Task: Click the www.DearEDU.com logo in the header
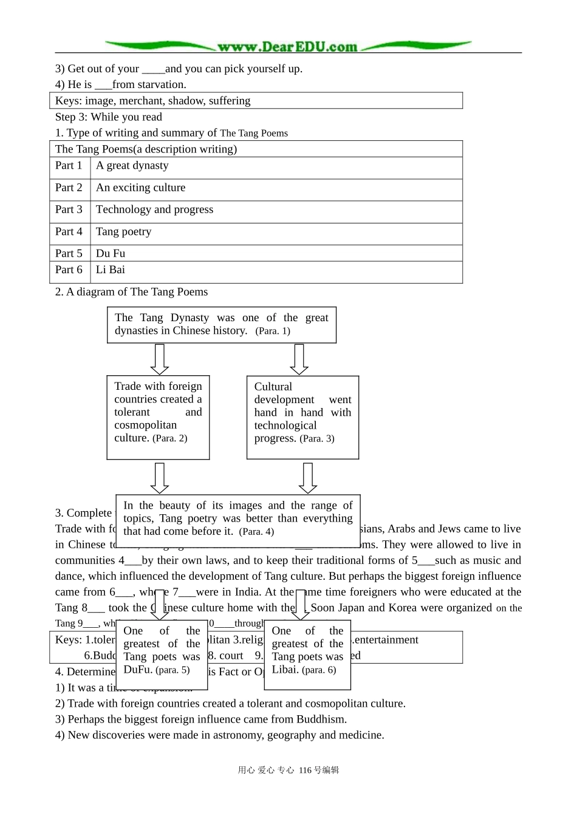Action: [x=287, y=47]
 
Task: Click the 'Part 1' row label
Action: [x=69, y=166]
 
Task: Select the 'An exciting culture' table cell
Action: [x=141, y=188]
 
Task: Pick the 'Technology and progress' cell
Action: [x=155, y=210]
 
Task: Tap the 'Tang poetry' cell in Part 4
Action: [x=124, y=232]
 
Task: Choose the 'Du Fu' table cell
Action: [x=111, y=254]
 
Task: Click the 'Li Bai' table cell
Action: [x=111, y=270]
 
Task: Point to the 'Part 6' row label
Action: [x=69, y=270]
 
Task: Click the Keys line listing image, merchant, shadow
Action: [x=152, y=101]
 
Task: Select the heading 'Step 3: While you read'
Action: [x=109, y=117]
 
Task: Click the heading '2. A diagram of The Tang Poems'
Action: [x=131, y=292]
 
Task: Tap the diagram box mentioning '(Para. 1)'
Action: [x=222, y=325]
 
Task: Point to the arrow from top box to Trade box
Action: [x=159, y=359]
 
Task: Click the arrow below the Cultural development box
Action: [x=308, y=478]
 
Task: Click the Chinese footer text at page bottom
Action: [x=288, y=770]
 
